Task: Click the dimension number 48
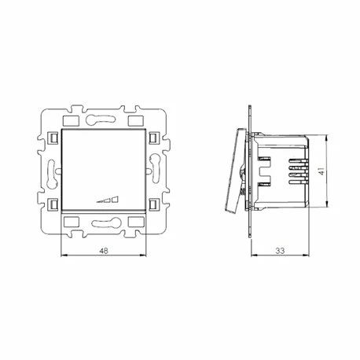pos(104,251)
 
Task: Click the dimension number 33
pos(280,251)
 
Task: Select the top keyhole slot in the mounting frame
pos(101,119)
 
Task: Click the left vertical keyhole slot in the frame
pos(53,173)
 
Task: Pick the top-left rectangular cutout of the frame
pos(71,120)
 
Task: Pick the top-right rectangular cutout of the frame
pos(136,120)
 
